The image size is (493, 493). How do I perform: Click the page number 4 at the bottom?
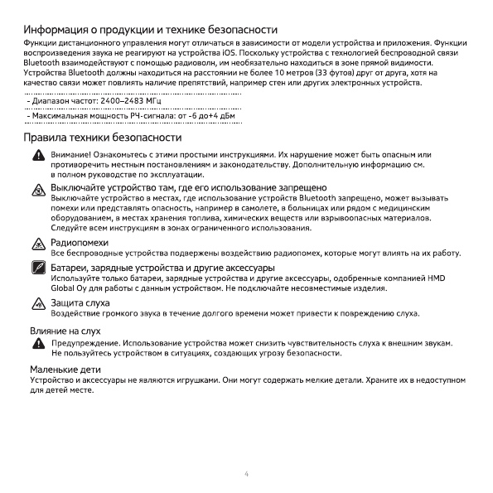(246, 474)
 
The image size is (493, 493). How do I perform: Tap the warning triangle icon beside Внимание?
(38, 156)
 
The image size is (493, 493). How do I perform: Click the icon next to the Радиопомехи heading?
(38, 243)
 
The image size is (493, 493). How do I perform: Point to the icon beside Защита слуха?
(38, 304)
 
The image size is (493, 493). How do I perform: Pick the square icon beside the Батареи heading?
(38, 268)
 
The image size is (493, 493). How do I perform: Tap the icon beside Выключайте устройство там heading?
(38, 191)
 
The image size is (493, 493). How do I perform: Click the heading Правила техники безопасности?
(103, 136)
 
